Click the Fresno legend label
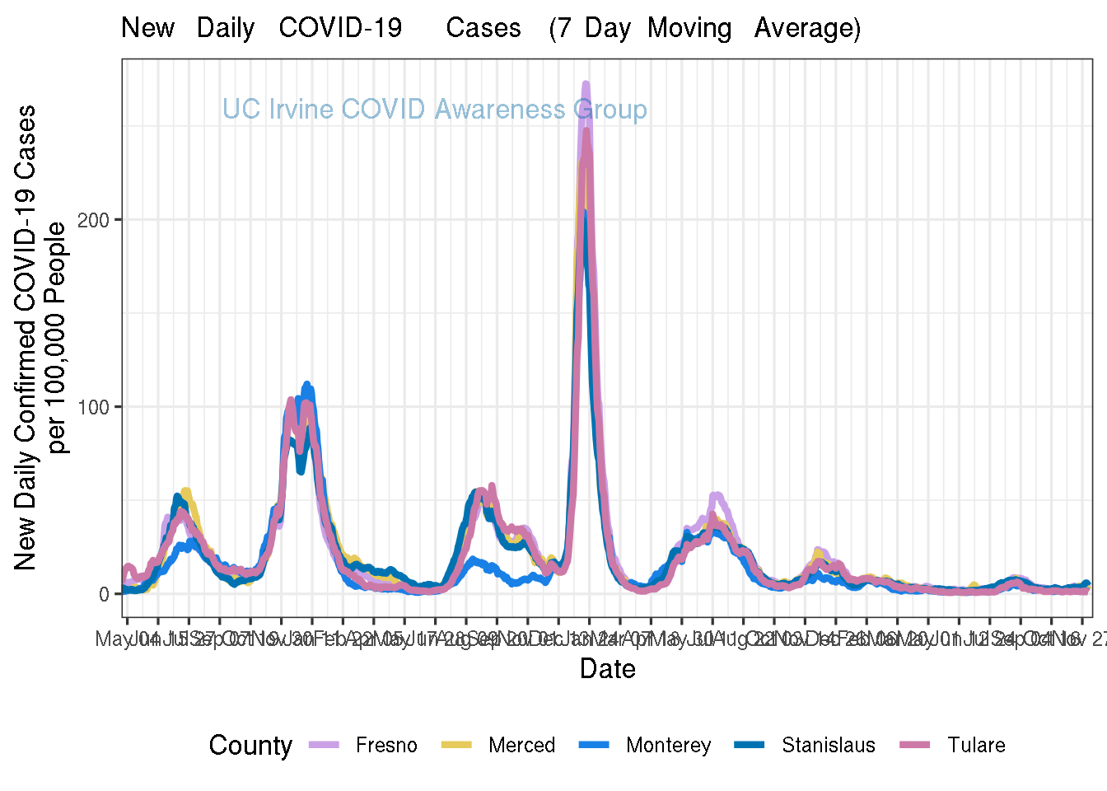click(x=386, y=746)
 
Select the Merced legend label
click(x=521, y=746)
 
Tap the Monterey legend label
click(x=668, y=746)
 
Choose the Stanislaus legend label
click(x=828, y=746)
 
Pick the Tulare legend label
click(x=976, y=746)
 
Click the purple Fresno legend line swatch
click(x=324, y=745)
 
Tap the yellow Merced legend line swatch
click(x=456, y=745)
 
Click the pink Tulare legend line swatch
click(x=915, y=745)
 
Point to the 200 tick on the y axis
click(x=93, y=220)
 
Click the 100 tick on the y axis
click(x=93, y=407)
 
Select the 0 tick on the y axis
click(x=104, y=594)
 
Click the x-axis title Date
click(x=607, y=668)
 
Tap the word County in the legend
click(x=250, y=746)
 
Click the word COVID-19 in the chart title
click(x=340, y=28)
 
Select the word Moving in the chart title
click(x=689, y=28)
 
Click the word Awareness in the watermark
click(x=500, y=110)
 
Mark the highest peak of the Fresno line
click(x=586, y=83)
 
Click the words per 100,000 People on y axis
click(x=58, y=338)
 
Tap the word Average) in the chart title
click(x=807, y=28)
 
